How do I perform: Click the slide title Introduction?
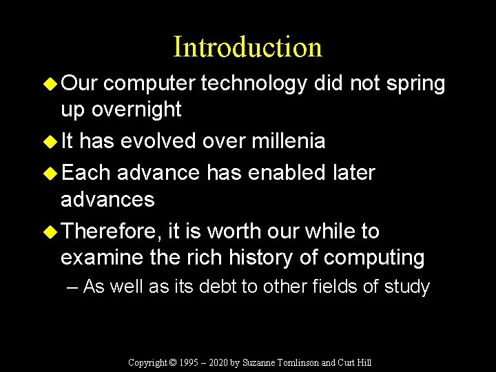[247, 47]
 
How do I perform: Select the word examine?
[101, 258]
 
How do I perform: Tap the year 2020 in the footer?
[218, 362]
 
